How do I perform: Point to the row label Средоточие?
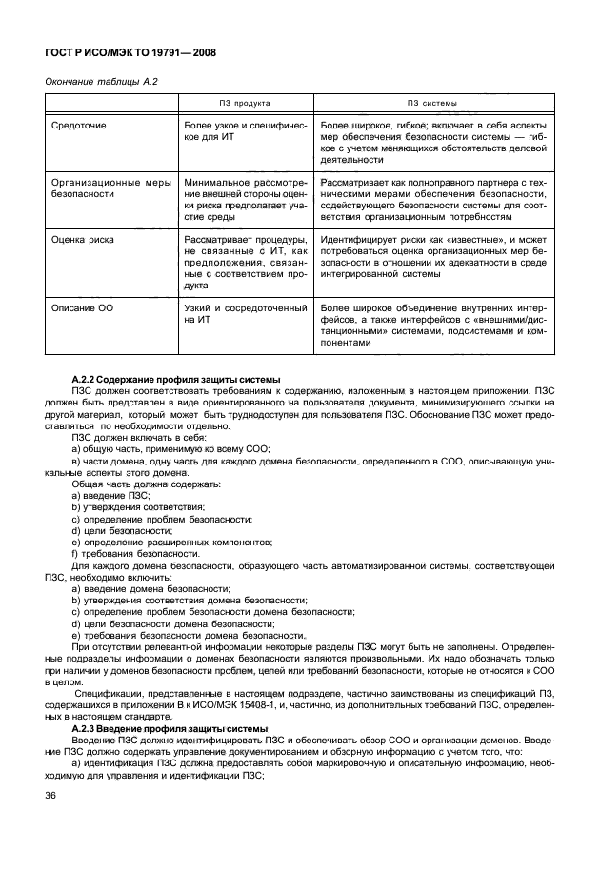click(77, 126)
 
